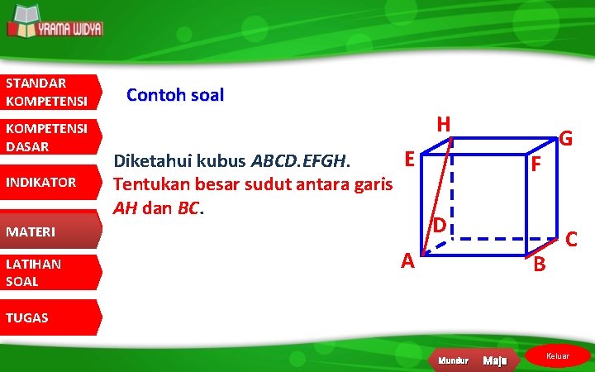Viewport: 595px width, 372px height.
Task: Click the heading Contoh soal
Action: pos(174,95)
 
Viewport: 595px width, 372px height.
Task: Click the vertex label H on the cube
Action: pos(444,125)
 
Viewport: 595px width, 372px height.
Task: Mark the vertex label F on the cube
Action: pos(536,165)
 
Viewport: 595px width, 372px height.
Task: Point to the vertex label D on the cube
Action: pos(441,225)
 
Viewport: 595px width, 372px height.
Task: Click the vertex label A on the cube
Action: pos(407,261)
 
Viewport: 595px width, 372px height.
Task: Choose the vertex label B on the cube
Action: pos(539,265)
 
